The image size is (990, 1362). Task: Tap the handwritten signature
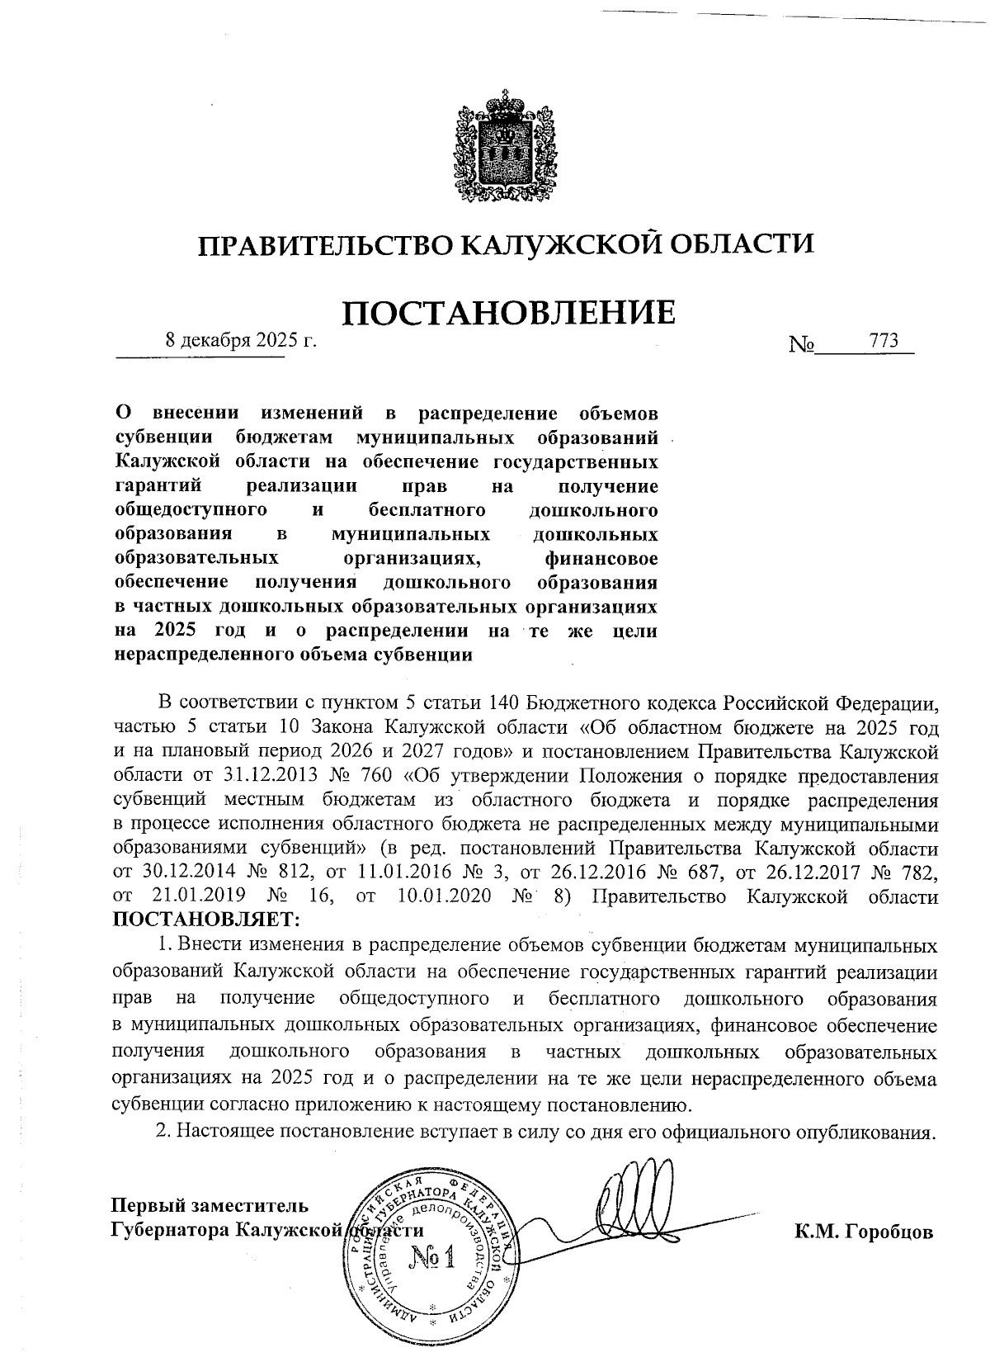pos(635,1197)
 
